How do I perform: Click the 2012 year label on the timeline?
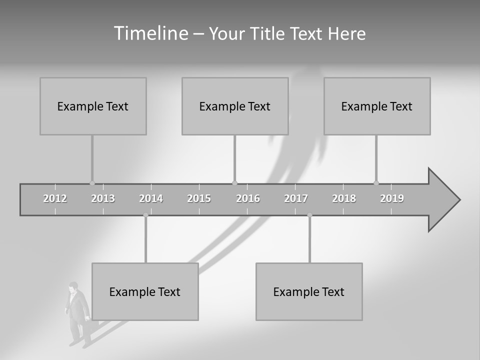pyautogui.click(x=55, y=198)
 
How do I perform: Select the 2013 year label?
pyautogui.click(x=103, y=198)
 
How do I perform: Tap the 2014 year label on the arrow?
pyautogui.click(x=151, y=198)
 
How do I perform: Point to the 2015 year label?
pyautogui.click(x=199, y=198)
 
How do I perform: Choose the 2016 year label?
pyautogui.click(x=248, y=198)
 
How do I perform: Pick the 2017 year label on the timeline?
pyautogui.click(x=296, y=198)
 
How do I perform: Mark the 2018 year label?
pyautogui.click(x=344, y=198)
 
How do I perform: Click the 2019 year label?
pyautogui.click(x=392, y=198)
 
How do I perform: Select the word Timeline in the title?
pyautogui.click(x=150, y=33)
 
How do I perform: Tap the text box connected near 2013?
pyautogui.click(x=93, y=106)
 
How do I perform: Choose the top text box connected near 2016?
pyautogui.click(x=235, y=106)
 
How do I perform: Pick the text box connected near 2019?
pyautogui.click(x=377, y=106)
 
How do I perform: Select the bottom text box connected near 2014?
pyautogui.click(x=145, y=291)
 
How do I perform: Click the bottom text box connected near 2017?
pyautogui.click(x=309, y=291)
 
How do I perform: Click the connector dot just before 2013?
pyautogui.click(x=92, y=183)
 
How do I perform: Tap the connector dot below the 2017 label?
pyautogui.click(x=309, y=215)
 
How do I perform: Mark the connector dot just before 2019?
pyautogui.click(x=376, y=183)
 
